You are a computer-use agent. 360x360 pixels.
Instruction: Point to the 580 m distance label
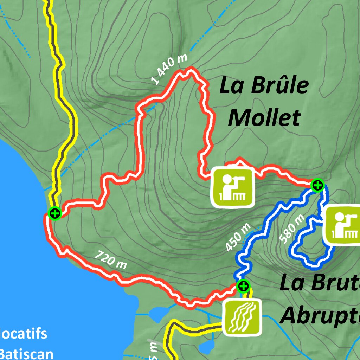tap(291, 229)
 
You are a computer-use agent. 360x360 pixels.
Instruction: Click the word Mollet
tap(264, 118)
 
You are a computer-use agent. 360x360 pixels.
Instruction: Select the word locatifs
tap(23, 333)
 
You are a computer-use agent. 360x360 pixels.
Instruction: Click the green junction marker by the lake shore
tap(55, 213)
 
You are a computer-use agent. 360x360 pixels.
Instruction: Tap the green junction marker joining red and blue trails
tap(317, 185)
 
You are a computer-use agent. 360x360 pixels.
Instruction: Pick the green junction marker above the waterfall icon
tap(243, 286)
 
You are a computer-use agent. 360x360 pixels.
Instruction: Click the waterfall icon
tap(243, 317)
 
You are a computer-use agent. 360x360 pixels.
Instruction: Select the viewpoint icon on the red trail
tap(232, 187)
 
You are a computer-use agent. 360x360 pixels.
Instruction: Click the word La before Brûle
tap(231, 86)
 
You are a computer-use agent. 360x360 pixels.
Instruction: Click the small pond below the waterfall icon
tap(207, 346)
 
